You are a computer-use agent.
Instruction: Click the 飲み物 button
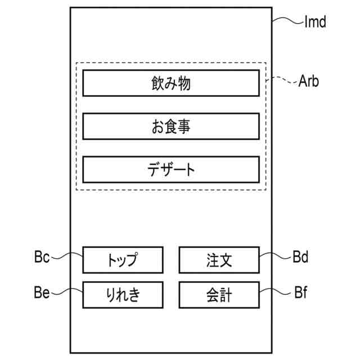(171, 83)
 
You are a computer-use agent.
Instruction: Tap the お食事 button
(171, 127)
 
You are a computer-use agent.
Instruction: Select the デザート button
(171, 169)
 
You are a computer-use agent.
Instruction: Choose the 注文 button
(219, 260)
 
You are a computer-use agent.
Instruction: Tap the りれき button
(123, 294)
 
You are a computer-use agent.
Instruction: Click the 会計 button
(219, 294)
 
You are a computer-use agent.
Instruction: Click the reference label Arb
(309, 82)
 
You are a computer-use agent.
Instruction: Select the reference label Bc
(42, 258)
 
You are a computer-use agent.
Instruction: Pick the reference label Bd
(300, 258)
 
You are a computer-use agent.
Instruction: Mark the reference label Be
(42, 292)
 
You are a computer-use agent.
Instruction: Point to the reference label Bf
(300, 292)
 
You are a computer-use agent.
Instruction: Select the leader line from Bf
(276, 292)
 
